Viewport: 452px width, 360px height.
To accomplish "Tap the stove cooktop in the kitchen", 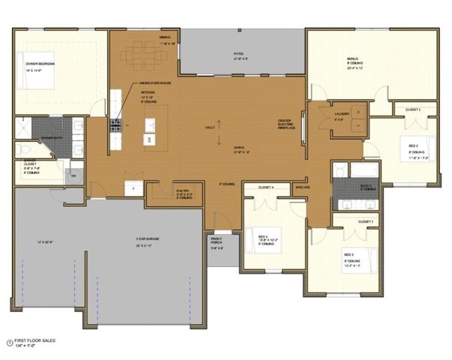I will pyautogui.click(x=115, y=124).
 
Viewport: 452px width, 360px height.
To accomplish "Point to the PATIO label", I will pyautogui.click(x=239, y=54).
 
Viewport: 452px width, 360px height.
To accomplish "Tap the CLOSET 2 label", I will pyautogui.click(x=413, y=109).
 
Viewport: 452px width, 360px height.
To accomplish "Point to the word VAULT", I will pyautogui.click(x=209, y=128).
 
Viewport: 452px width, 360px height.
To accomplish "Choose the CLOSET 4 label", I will pyautogui.click(x=266, y=187).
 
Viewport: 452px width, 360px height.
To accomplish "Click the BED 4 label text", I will pyautogui.click(x=262, y=232).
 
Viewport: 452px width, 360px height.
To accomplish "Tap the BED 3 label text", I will pyautogui.click(x=349, y=253).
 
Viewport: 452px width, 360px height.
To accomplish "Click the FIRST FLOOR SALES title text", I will pyautogui.click(x=31, y=340).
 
